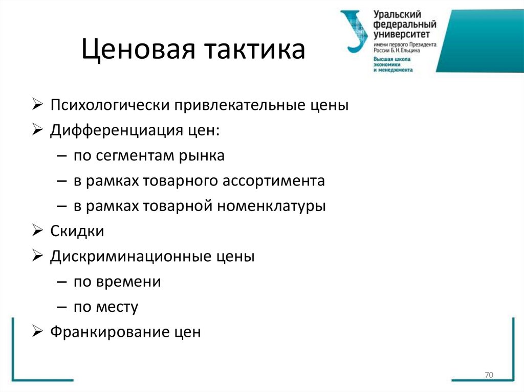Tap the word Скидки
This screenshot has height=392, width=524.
[77, 231]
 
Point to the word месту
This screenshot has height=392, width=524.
[119, 307]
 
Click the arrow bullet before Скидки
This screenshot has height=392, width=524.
[38, 231]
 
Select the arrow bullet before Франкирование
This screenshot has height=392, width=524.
[38, 332]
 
